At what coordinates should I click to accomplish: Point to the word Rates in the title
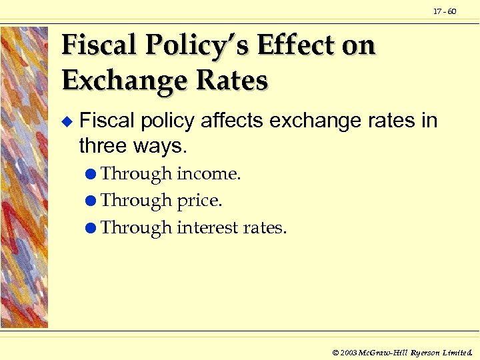(233, 81)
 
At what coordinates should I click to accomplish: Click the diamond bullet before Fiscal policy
(65, 122)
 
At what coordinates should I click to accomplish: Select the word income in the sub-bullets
(208, 174)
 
